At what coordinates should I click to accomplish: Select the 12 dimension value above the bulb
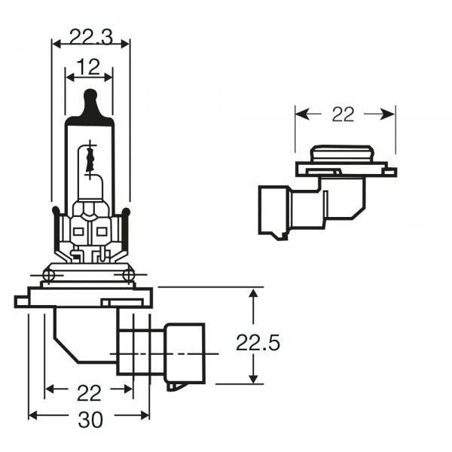tap(89, 68)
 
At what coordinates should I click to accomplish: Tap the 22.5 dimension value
tap(258, 344)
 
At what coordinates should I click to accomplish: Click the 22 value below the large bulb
tap(89, 393)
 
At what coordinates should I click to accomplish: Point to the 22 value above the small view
tap(343, 115)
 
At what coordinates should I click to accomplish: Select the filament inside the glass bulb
tap(90, 158)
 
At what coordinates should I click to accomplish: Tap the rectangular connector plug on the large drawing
tap(185, 353)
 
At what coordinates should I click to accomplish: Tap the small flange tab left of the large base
tap(20, 301)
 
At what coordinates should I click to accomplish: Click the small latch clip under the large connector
tap(174, 386)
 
